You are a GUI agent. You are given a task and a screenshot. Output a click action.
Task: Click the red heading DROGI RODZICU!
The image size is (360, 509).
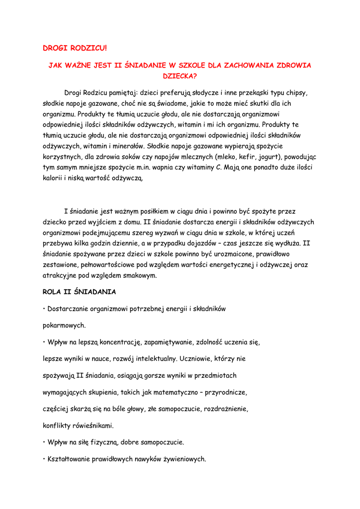pyautogui.click(x=75, y=48)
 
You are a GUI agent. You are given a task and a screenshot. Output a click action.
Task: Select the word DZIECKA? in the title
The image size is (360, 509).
pyautogui.click(x=180, y=77)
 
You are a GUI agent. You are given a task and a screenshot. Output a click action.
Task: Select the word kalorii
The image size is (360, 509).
pyautogui.click(x=53, y=178)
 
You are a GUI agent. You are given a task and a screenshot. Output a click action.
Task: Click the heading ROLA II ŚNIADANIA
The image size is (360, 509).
pyautogui.click(x=79, y=292)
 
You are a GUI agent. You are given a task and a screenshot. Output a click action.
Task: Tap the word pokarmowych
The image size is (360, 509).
pyautogui.click(x=64, y=326)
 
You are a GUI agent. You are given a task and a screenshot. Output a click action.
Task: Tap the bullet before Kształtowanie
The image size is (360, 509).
pyautogui.click(x=44, y=459)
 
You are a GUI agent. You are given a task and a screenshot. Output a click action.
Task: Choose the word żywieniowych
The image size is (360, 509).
pyautogui.click(x=180, y=459)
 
